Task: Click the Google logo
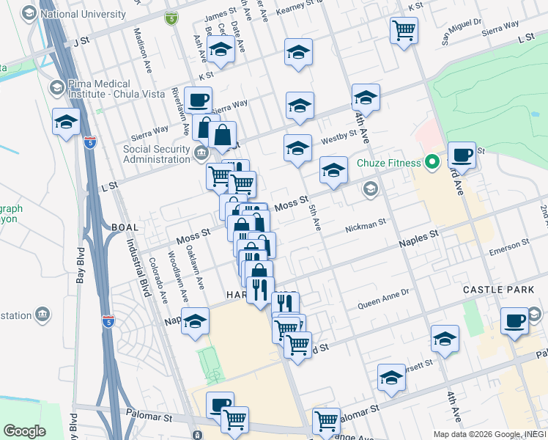pos(24,431)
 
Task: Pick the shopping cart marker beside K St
pos(404,31)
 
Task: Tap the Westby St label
pos(338,138)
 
